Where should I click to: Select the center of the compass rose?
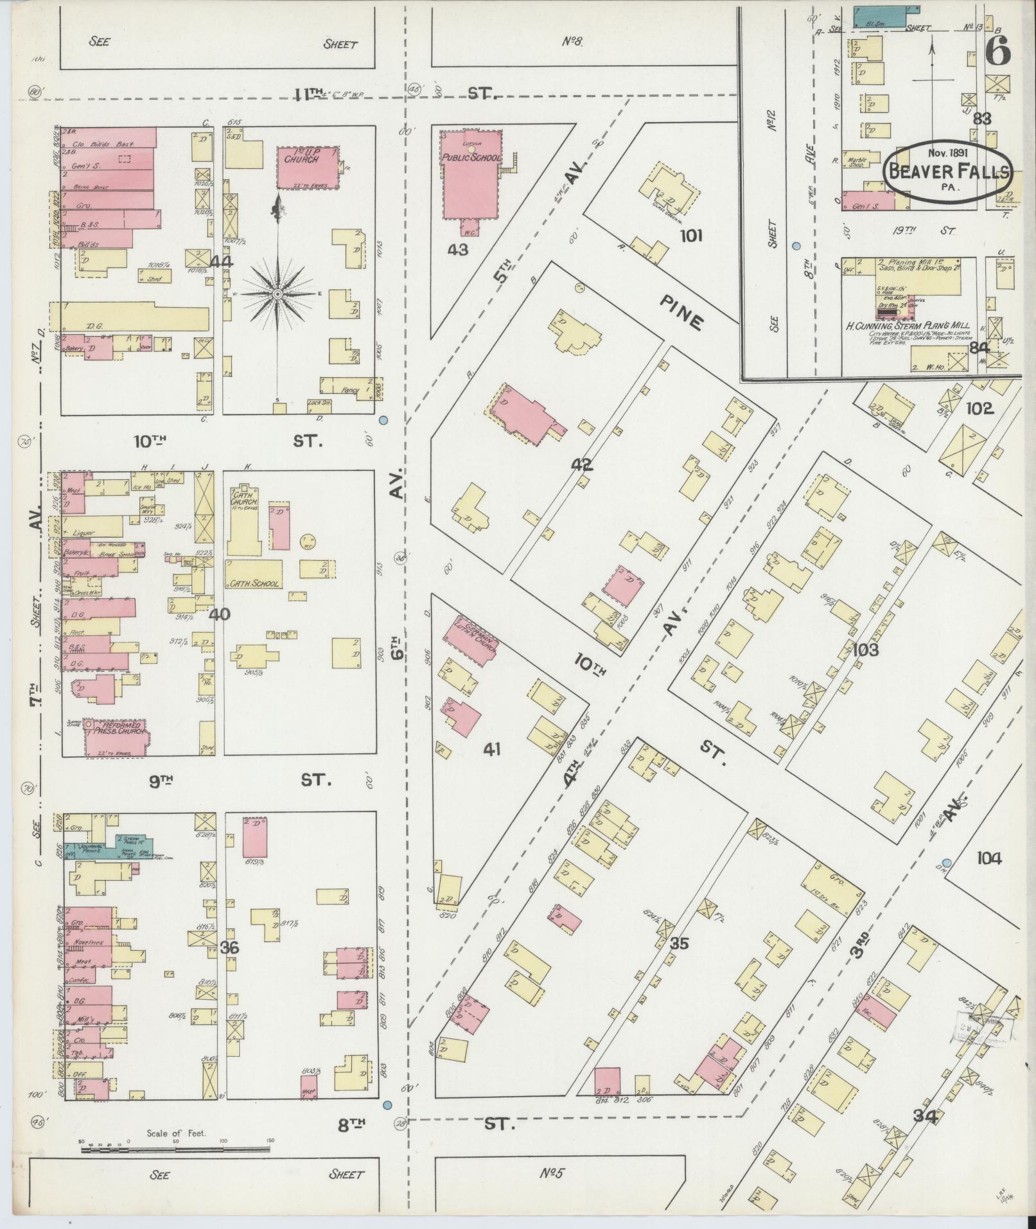[x=277, y=294]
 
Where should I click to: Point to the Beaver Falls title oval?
[x=948, y=170]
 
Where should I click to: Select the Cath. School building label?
[x=252, y=583]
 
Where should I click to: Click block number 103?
[x=865, y=650]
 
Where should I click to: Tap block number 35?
[x=678, y=943]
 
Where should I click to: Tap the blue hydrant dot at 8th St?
[x=387, y=1105]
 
